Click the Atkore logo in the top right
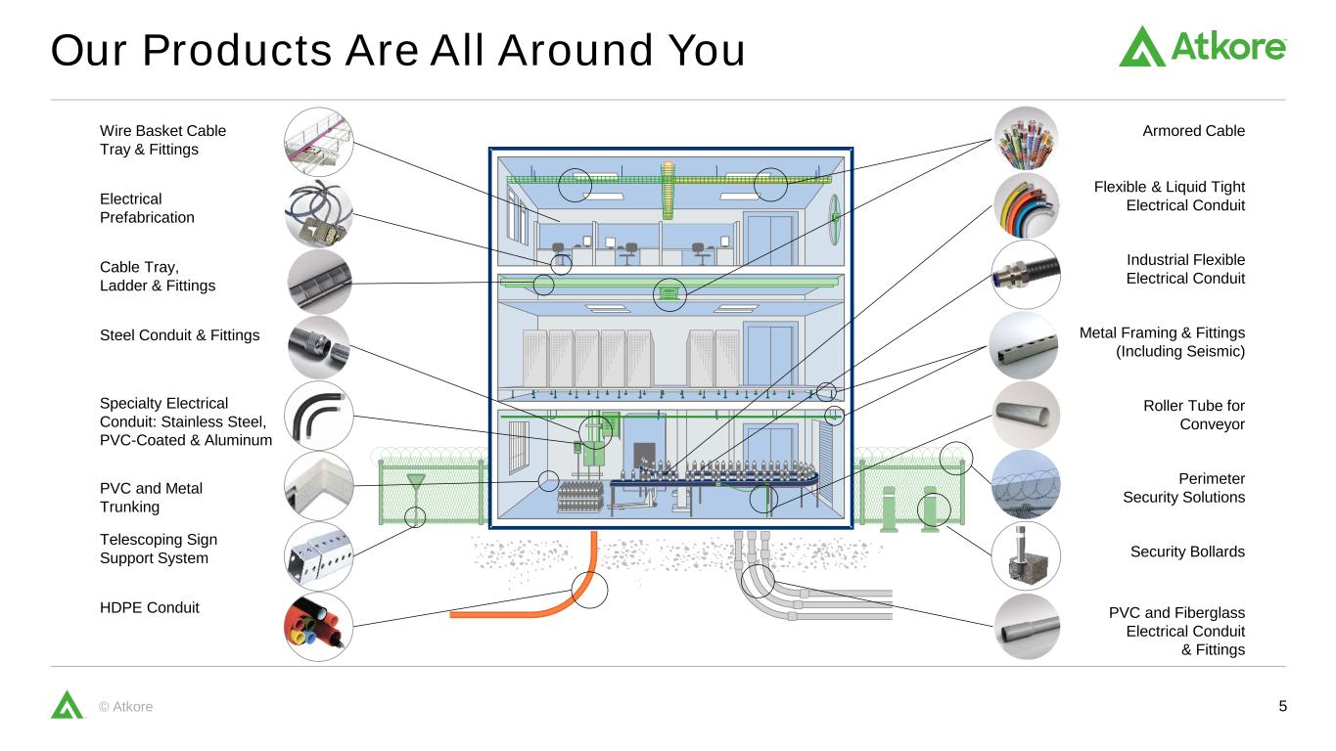[x=1202, y=46]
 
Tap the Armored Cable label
[x=1193, y=131]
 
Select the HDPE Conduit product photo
[x=318, y=627]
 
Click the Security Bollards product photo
[x=1026, y=555]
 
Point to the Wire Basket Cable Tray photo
[x=318, y=142]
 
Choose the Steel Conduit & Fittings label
[x=179, y=335]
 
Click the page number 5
[x=1283, y=706]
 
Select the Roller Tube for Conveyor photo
[x=1026, y=415]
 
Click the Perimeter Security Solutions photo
[x=1026, y=484]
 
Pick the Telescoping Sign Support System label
[x=158, y=549]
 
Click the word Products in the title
[x=237, y=50]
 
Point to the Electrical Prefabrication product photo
[x=318, y=213]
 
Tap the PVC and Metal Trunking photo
[x=318, y=486]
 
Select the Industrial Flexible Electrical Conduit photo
[x=1026, y=274]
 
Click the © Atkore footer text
[x=125, y=707]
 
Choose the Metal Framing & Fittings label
[x=1162, y=342]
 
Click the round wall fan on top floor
[x=835, y=219]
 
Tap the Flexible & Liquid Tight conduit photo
[x=1026, y=205]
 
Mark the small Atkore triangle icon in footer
[x=67, y=705]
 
